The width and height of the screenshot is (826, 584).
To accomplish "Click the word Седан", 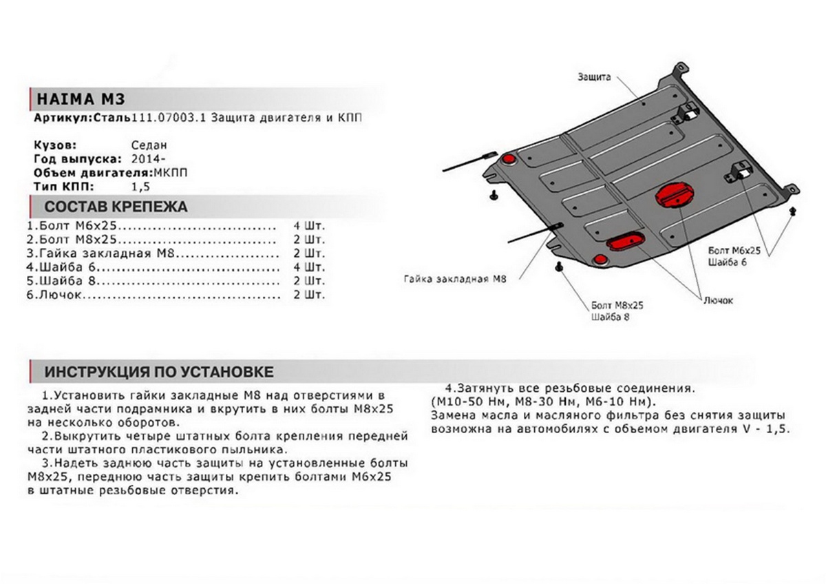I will (149, 146).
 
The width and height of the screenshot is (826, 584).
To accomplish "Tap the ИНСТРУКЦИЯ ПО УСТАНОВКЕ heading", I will (159, 372).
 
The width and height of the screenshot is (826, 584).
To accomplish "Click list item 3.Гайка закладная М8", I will (96, 253).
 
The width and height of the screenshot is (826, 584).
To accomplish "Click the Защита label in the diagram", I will (594, 77).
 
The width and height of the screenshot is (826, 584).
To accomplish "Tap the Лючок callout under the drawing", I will (719, 300).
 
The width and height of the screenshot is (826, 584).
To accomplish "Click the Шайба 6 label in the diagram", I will (724, 262).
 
